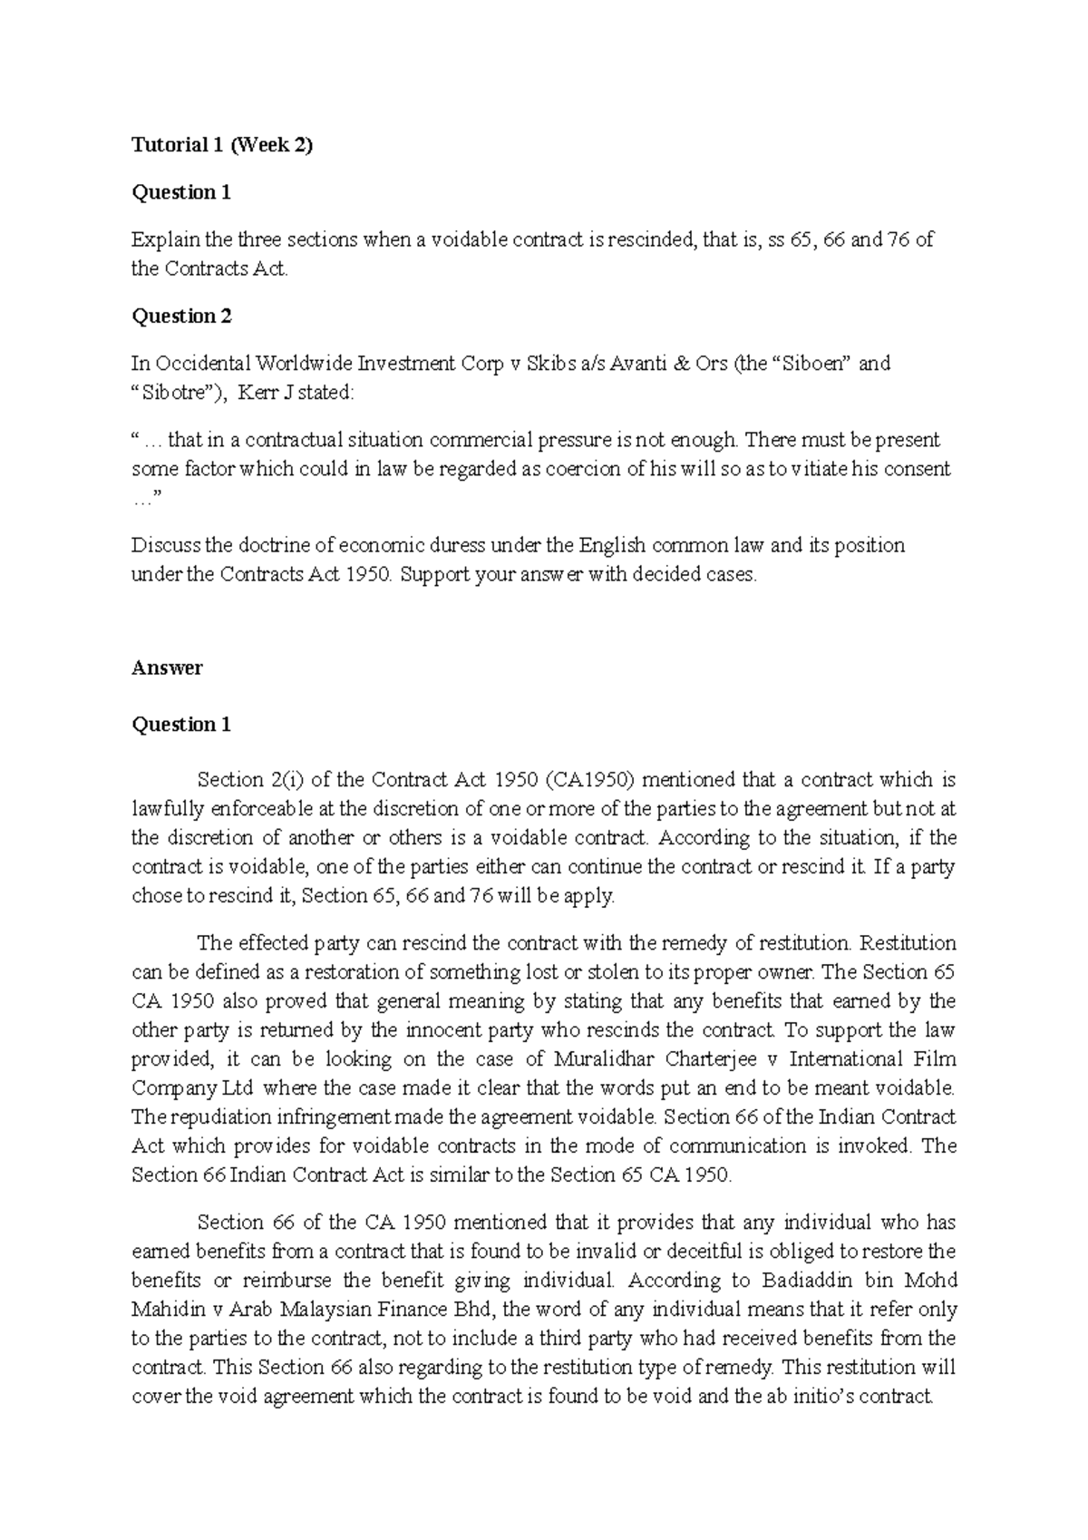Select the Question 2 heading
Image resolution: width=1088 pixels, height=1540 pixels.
182,316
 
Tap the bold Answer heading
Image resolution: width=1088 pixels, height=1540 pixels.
167,668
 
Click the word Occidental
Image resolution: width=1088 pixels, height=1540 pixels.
200,364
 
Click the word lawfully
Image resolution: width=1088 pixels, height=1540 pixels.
170,808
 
